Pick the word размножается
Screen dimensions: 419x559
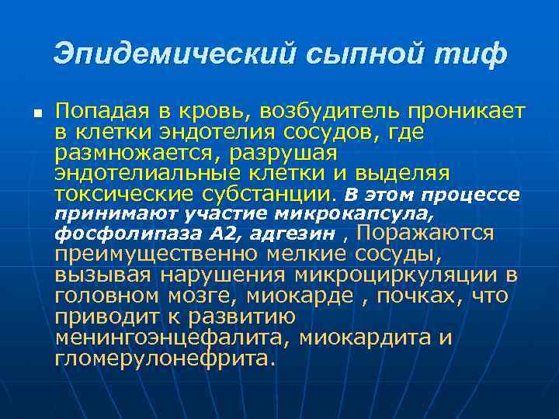[x=127, y=152]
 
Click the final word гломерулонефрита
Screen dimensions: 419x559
[x=165, y=358]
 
